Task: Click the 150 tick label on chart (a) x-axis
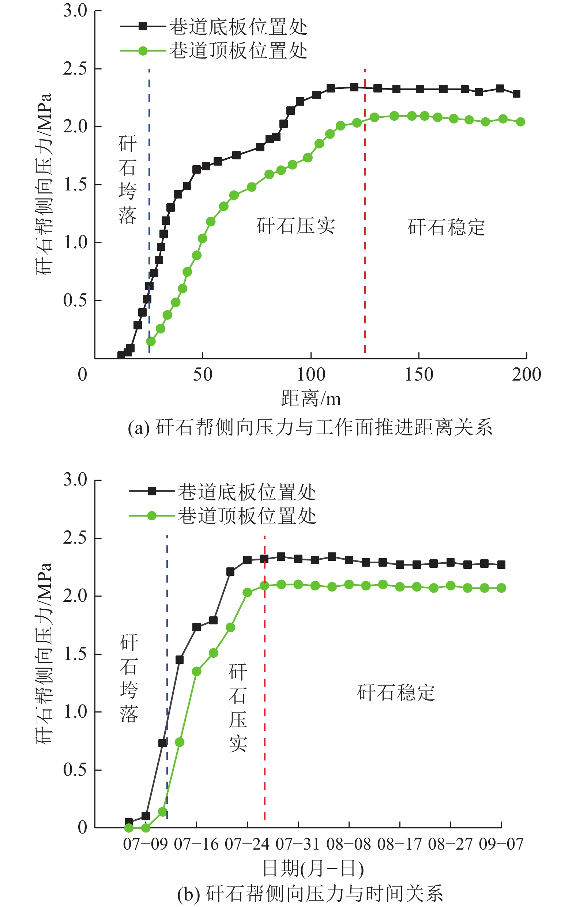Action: (418, 374)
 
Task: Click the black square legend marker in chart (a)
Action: (143, 26)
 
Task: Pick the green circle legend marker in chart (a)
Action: (143, 50)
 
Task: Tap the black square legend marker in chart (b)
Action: (151, 491)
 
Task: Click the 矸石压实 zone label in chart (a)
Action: (296, 226)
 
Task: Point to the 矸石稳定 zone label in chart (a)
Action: (447, 227)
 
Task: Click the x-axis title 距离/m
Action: (311, 398)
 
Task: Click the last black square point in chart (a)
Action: (516, 94)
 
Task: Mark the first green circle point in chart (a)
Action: (151, 341)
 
